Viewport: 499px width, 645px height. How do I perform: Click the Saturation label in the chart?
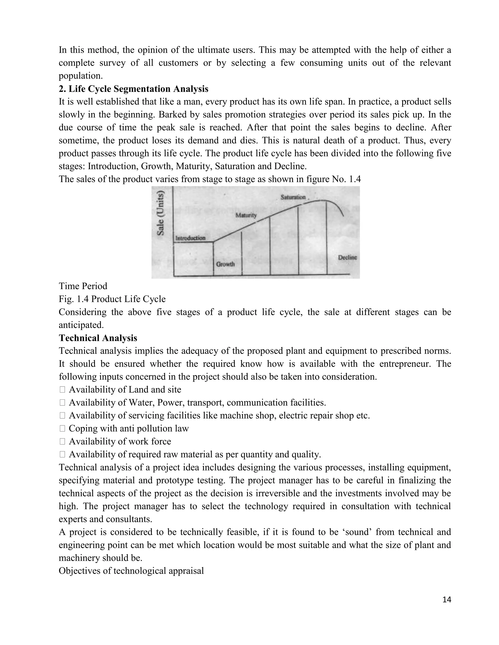tap(293, 197)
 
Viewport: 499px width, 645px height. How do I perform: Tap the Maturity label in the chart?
tap(246, 215)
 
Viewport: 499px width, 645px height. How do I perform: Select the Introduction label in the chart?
tap(190, 238)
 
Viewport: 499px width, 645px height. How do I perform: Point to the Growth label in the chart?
tap(225, 264)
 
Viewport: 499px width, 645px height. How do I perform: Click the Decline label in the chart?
tap(347, 257)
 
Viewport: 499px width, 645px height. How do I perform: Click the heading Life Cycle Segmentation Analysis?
tap(133, 89)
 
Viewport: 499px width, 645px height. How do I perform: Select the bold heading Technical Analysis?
tap(98, 338)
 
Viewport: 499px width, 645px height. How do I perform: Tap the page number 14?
tap(447, 600)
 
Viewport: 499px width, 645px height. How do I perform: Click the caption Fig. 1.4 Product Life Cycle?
tap(112, 299)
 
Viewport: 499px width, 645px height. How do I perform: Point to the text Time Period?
tap(83, 286)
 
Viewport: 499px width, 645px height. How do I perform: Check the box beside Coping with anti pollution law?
tap(62, 429)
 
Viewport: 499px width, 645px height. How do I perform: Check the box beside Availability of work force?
tap(62, 442)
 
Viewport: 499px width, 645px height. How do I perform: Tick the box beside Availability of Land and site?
tap(62, 390)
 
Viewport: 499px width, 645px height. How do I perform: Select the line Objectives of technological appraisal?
tap(131, 571)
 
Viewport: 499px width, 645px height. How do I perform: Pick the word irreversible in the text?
tap(277, 493)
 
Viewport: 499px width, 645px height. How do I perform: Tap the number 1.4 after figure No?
tap(355, 179)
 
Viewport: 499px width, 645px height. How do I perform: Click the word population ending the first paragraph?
tap(80, 76)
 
